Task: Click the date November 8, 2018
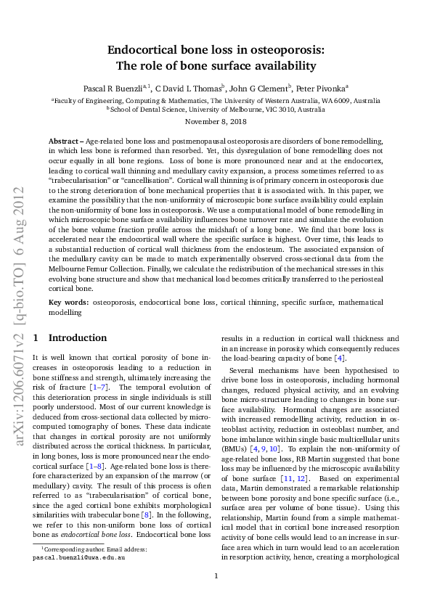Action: point(216,122)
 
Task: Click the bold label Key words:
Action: point(69,301)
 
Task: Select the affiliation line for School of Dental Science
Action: point(216,109)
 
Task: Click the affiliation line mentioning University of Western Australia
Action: point(216,100)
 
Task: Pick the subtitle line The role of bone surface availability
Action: point(216,66)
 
